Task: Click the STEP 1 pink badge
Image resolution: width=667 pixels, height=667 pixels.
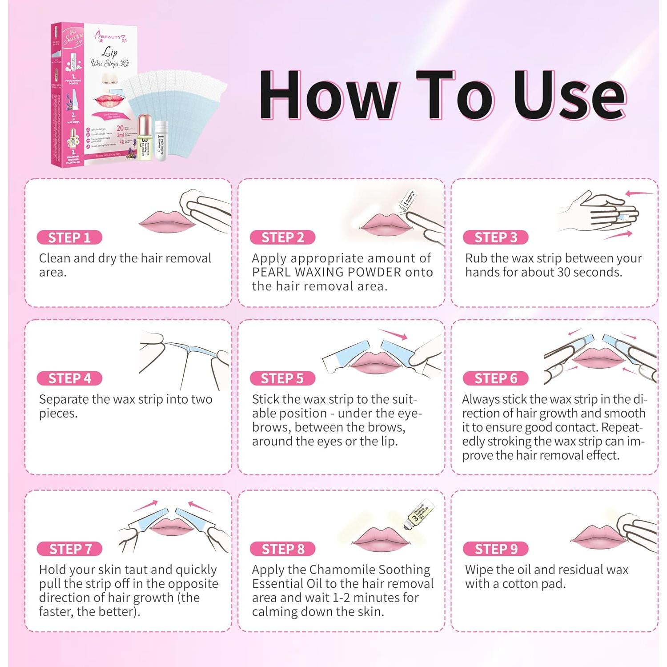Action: (x=69, y=237)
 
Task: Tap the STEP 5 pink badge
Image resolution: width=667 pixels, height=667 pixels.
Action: (x=282, y=378)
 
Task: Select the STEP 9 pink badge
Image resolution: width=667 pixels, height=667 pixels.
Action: (x=496, y=549)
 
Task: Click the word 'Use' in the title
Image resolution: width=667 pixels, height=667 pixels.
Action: (x=570, y=96)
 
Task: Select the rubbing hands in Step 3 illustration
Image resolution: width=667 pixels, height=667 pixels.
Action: (x=598, y=213)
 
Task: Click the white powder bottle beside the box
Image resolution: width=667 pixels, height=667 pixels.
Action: (x=161, y=141)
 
